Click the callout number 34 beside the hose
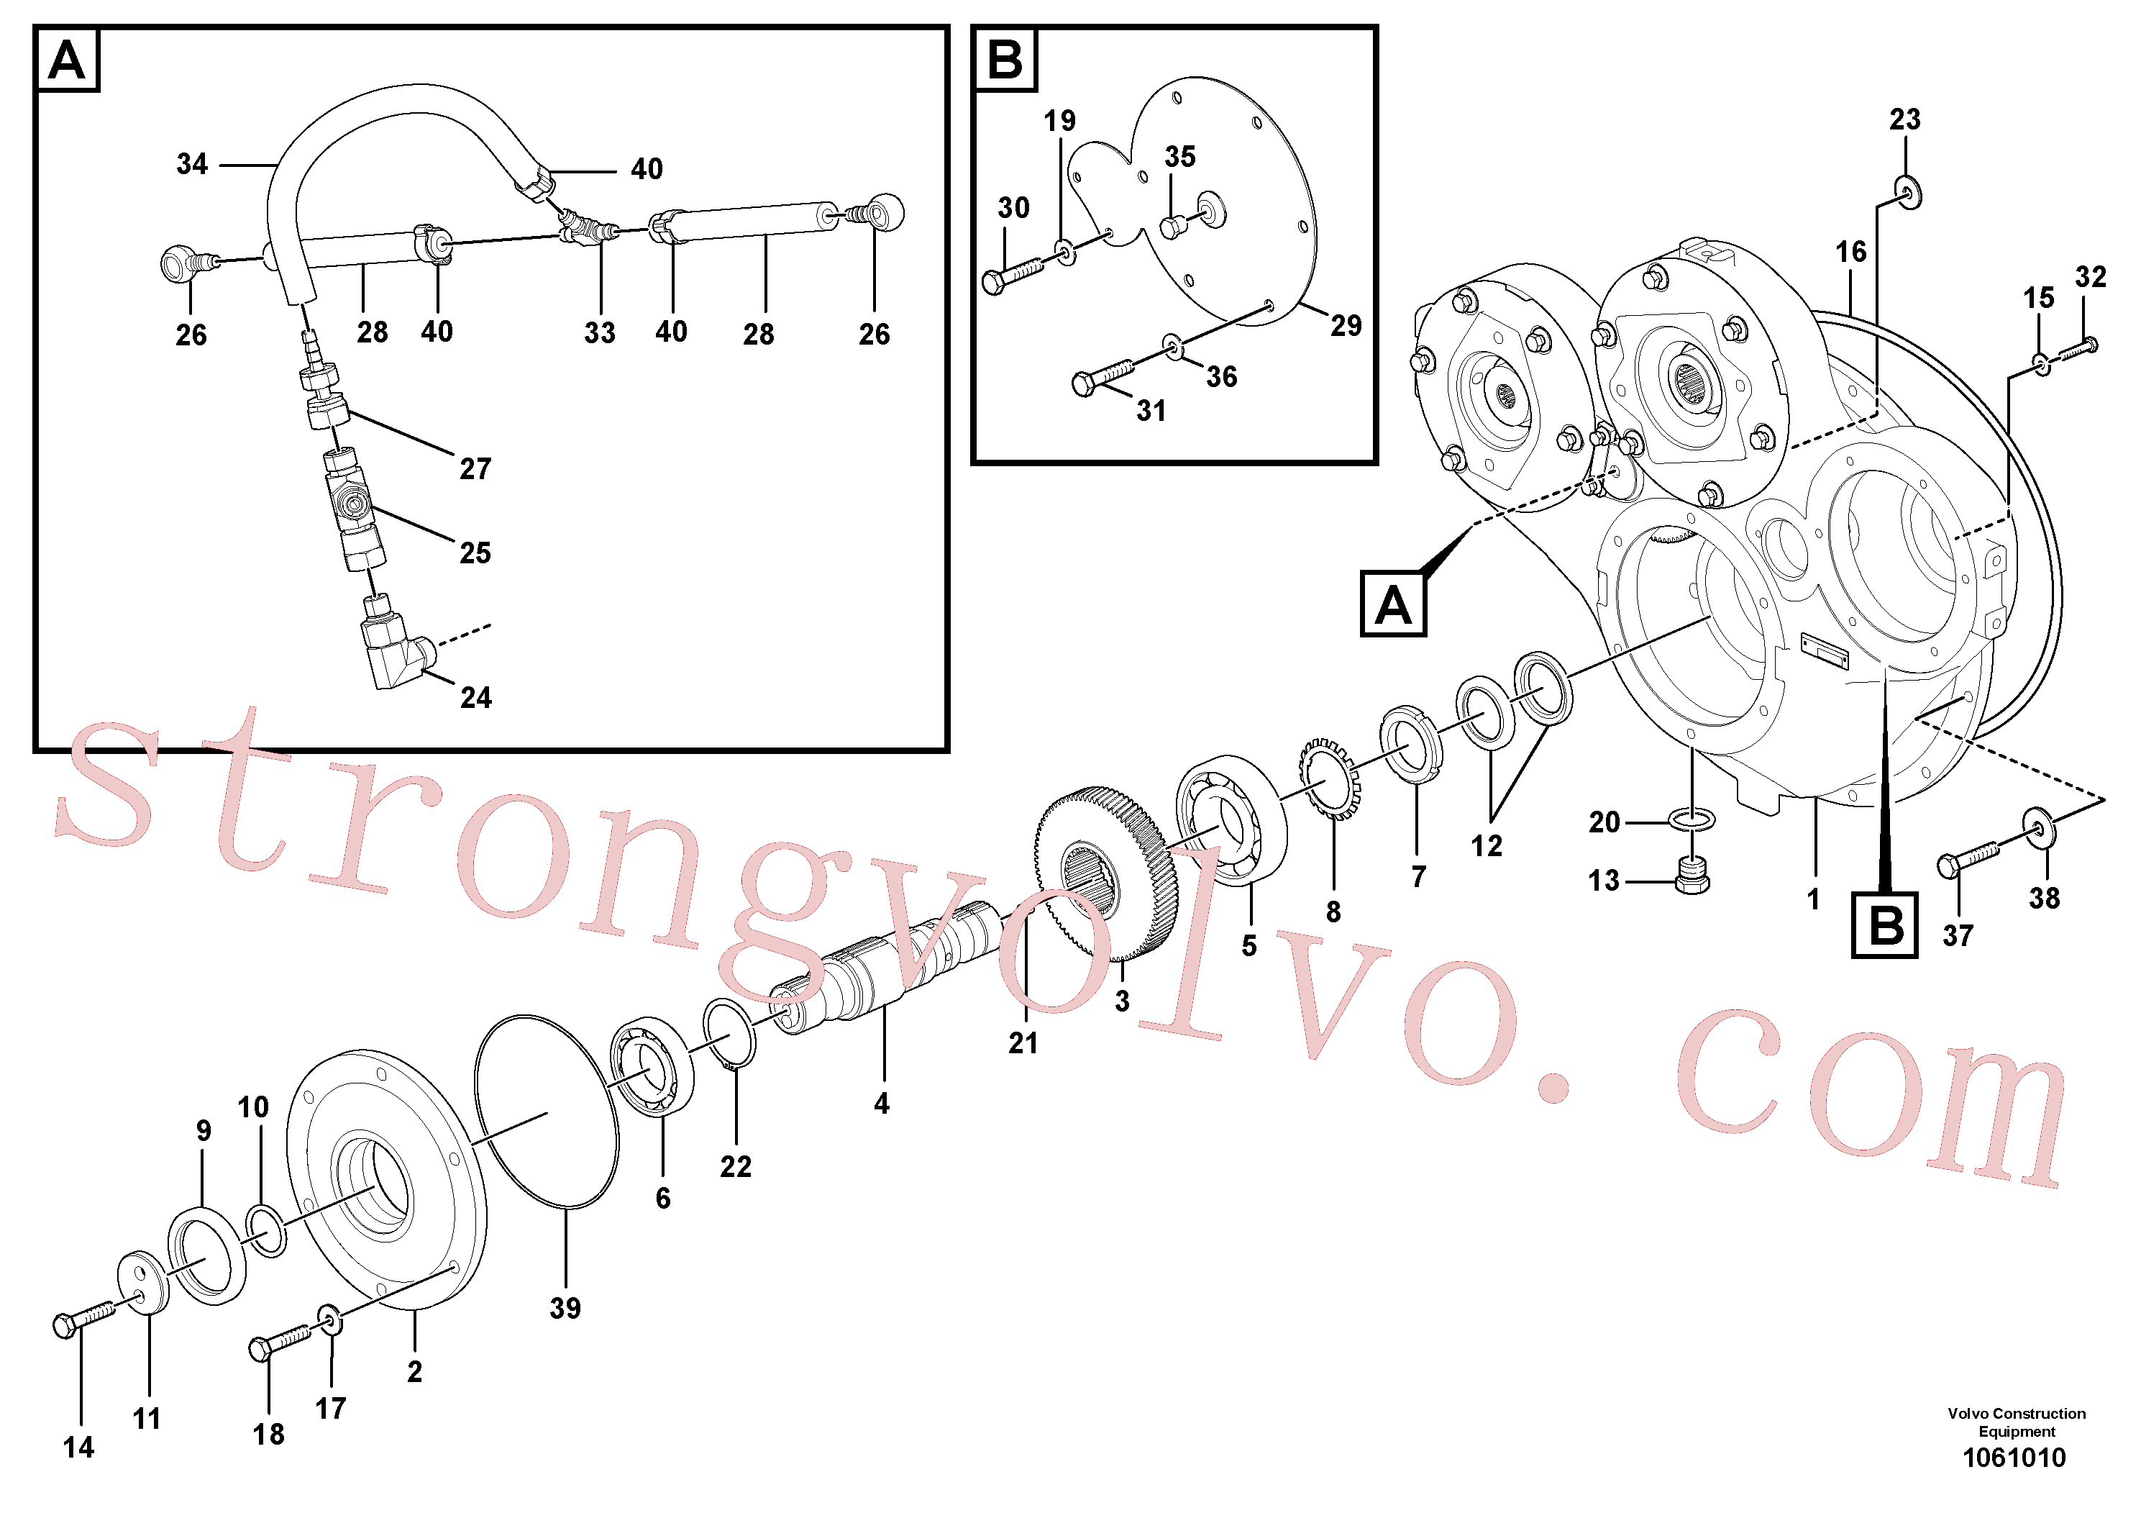(192, 164)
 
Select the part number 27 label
(475, 468)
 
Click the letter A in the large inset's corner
(66, 60)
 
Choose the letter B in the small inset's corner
(1004, 60)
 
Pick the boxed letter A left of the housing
(1393, 604)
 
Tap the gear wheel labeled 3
(1106, 874)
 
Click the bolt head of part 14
(64, 1325)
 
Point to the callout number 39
(565, 1308)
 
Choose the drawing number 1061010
(2014, 1458)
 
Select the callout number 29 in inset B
(1346, 325)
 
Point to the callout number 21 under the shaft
(1023, 1043)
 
